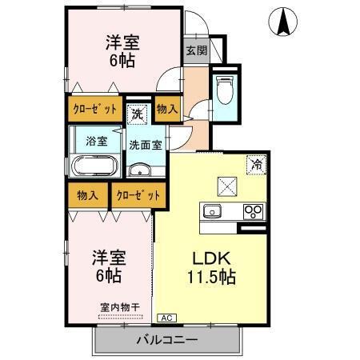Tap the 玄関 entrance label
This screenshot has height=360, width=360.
196,50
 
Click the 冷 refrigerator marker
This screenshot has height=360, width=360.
258,164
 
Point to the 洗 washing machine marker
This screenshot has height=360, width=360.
137,113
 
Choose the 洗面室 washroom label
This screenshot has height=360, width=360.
146,146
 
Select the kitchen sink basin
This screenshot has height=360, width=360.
213,211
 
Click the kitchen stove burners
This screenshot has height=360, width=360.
254,212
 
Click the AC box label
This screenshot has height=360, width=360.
166,317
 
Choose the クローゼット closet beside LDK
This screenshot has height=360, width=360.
138,194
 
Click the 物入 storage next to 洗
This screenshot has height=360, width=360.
166,108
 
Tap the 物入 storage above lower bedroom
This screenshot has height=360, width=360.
88,194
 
